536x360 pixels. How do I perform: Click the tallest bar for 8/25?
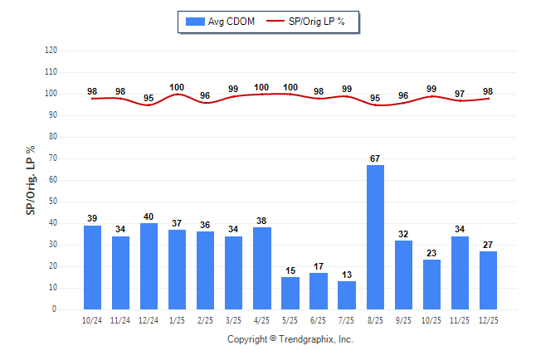(375, 237)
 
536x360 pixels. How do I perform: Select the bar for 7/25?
(347, 295)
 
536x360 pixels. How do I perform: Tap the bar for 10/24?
(92, 267)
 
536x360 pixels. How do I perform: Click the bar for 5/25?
(290, 293)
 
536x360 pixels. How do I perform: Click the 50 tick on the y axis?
(53, 202)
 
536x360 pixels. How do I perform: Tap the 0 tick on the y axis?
(55, 309)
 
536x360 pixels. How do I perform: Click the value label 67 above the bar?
(375, 158)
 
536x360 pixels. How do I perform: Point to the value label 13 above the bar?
(347, 275)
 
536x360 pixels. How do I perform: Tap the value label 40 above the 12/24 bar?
(149, 216)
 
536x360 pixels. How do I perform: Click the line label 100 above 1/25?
(177, 87)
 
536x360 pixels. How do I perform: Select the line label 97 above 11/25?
(460, 94)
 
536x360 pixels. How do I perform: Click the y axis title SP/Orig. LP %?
(31, 179)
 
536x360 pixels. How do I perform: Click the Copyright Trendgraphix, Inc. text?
(290, 339)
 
